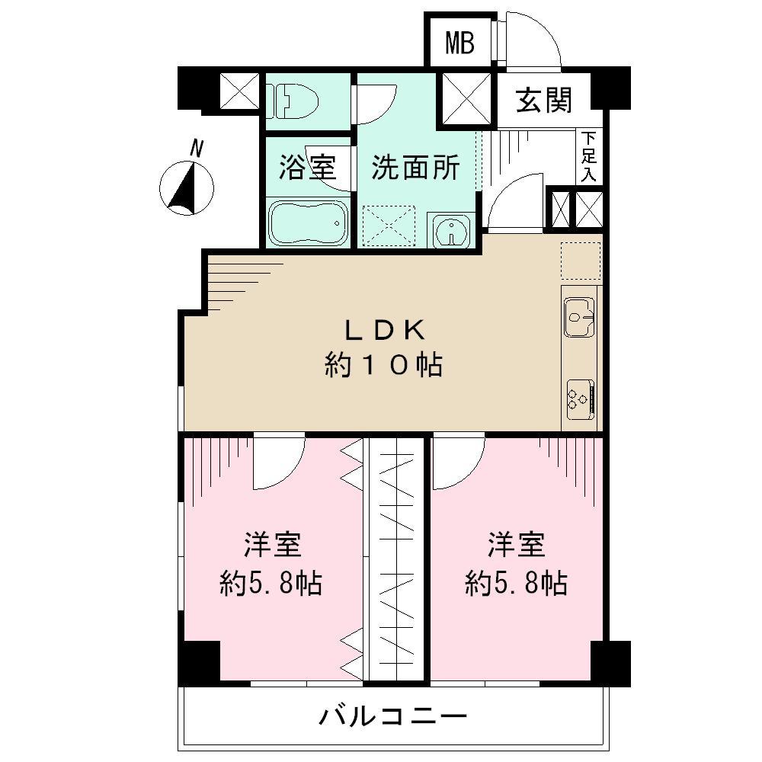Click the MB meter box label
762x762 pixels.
[459, 43]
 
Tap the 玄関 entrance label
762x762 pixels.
[544, 100]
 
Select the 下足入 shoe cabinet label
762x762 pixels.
[588, 156]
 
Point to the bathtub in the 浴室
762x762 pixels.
[308, 223]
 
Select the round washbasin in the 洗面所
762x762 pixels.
[453, 230]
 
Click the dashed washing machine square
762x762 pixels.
[389, 226]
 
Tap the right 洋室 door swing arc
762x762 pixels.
[457, 463]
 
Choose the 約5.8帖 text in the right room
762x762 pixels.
[517, 584]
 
